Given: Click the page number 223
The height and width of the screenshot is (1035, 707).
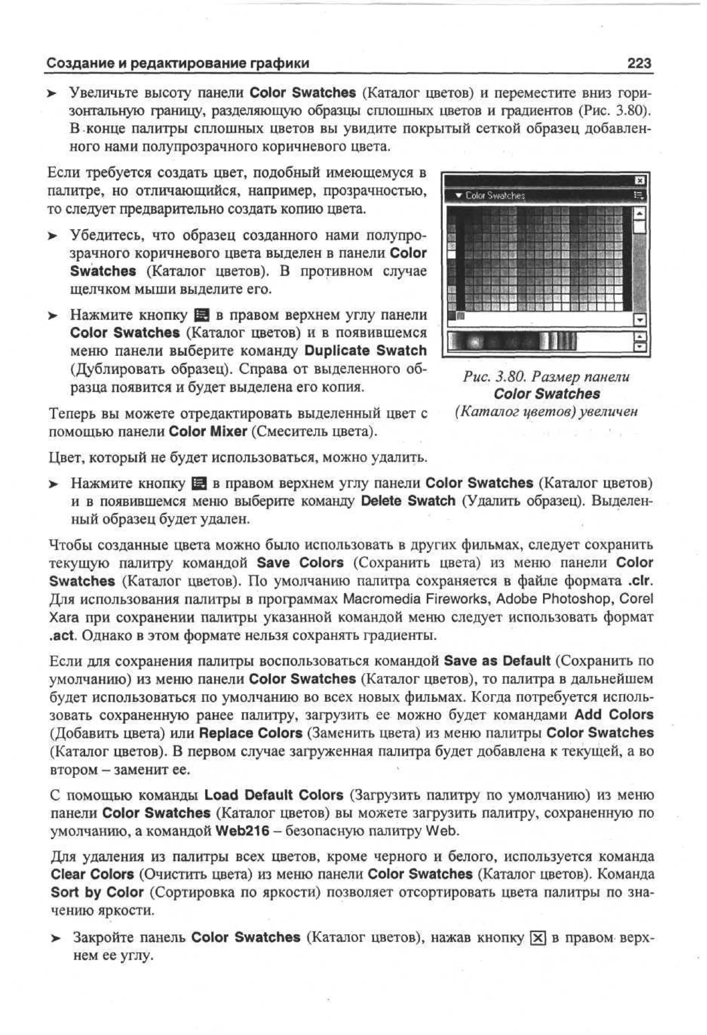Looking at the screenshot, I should coord(639,63).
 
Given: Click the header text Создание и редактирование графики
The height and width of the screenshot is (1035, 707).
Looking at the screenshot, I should coord(178,63).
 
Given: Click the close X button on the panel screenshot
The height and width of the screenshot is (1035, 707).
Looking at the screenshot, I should coord(639,180).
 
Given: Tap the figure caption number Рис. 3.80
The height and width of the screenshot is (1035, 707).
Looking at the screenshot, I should coord(492,377).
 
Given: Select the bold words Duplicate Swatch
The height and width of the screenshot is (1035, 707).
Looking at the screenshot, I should coord(365,351).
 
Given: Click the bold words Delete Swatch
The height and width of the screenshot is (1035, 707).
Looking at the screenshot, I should coord(408,501).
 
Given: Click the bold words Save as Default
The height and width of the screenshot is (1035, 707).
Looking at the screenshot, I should coord(497,661).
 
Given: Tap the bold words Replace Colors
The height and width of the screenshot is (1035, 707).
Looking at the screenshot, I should coord(251,733).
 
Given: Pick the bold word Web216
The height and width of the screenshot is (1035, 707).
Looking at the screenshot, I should coord(242,831).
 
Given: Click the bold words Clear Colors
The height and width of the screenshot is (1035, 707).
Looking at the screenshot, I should coord(92,874).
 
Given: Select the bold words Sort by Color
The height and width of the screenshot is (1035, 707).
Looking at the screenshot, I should coord(97,893).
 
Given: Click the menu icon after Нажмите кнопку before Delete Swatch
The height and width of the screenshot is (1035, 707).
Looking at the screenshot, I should coord(198,483).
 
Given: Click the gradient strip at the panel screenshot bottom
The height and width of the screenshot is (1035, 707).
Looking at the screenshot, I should coord(512,341).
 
